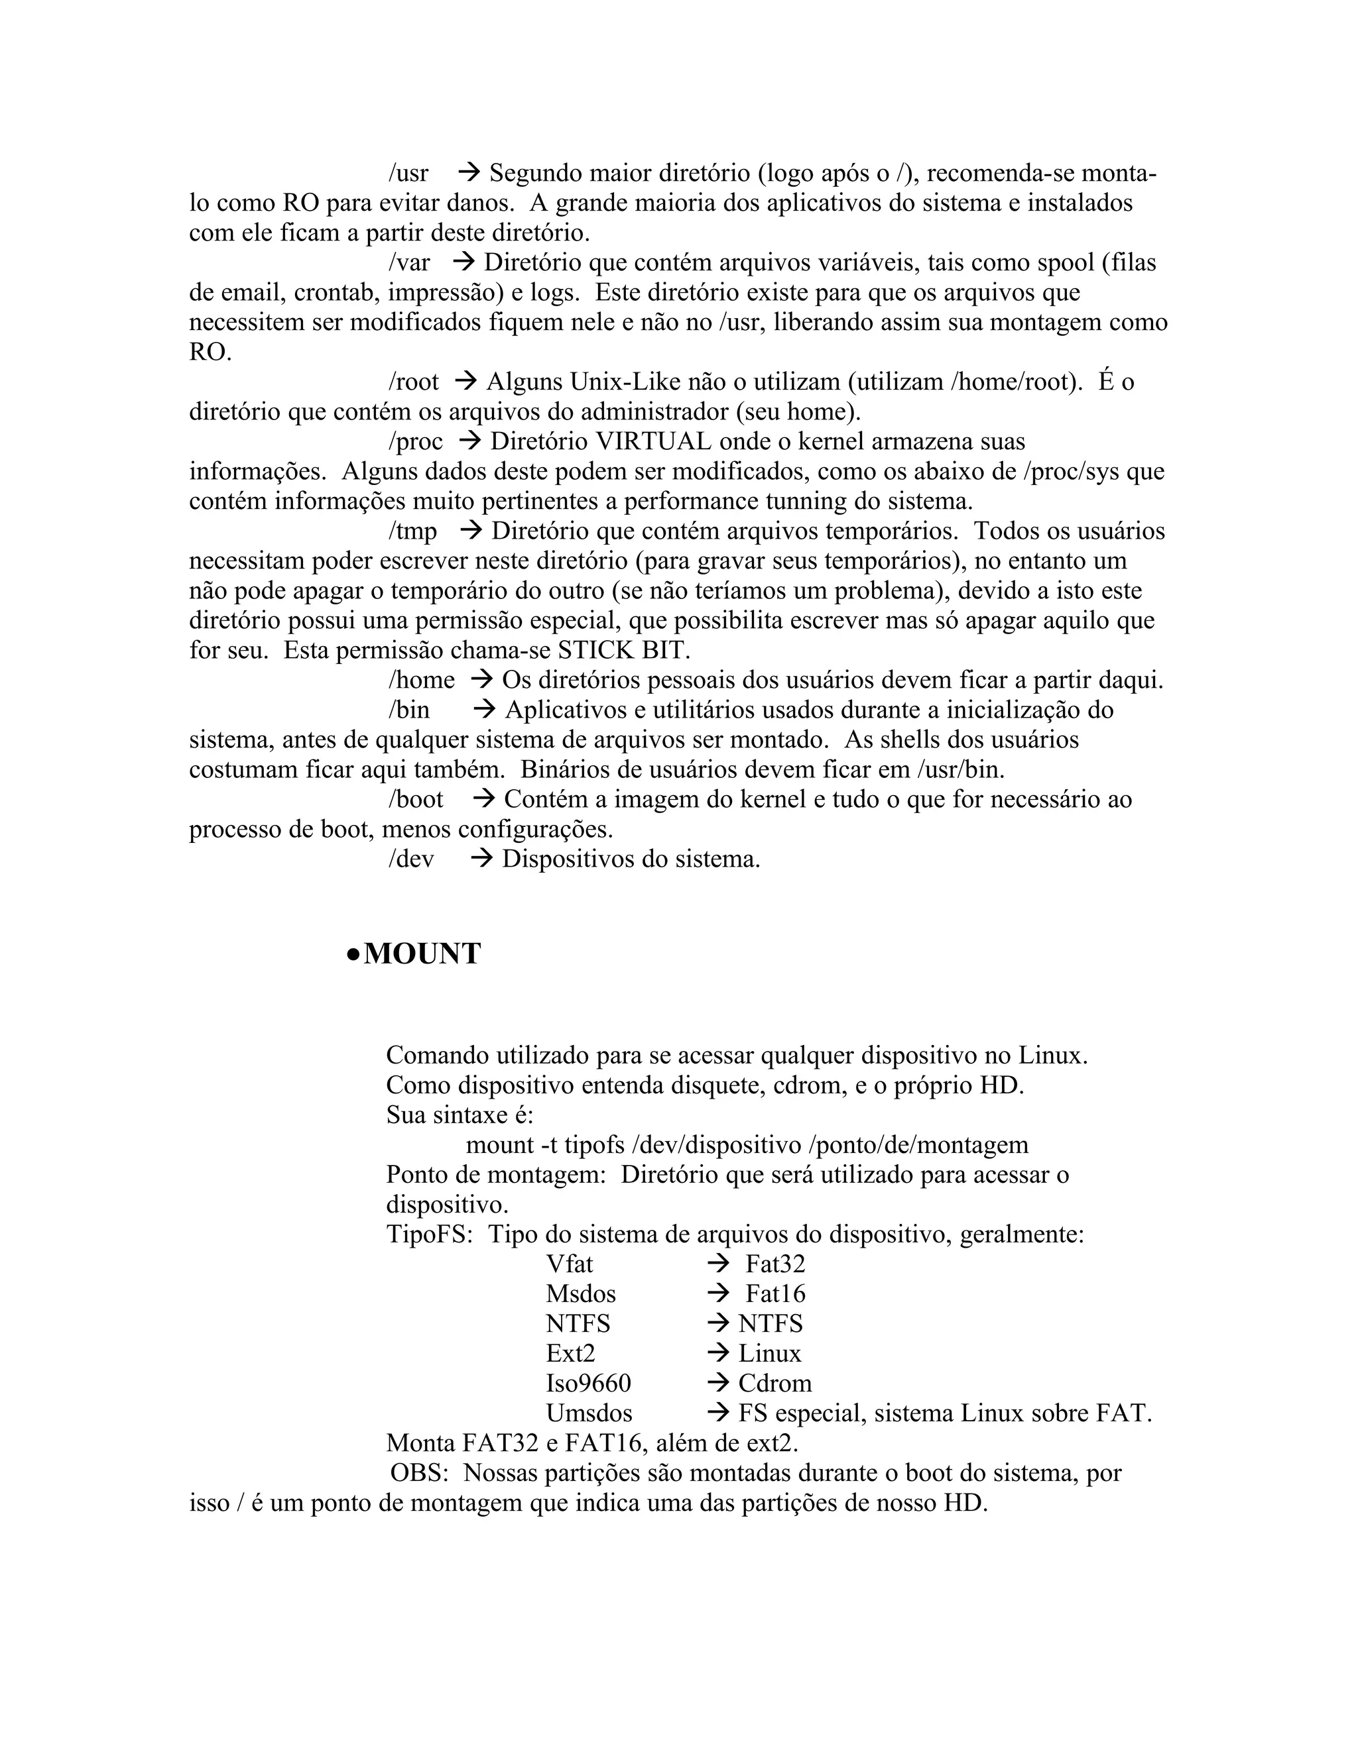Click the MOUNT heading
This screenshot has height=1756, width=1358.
pyautogui.click(x=422, y=954)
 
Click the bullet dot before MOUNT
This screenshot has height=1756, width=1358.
pyautogui.click(x=352, y=954)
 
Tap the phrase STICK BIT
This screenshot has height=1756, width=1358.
pyautogui.click(x=623, y=649)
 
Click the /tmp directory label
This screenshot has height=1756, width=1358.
pyautogui.click(x=412, y=531)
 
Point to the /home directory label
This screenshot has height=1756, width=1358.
pyautogui.click(x=421, y=681)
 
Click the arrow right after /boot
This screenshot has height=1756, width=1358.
pyautogui.click(x=483, y=799)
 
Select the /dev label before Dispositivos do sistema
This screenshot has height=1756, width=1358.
pyautogui.click(x=411, y=859)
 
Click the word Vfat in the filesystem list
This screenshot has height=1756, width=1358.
pyautogui.click(x=569, y=1264)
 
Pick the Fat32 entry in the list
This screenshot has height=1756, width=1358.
pyautogui.click(x=774, y=1264)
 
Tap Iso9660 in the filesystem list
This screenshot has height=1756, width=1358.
pyautogui.click(x=588, y=1383)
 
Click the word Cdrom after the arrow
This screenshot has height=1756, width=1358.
pyautogui.click(x=774, y=1383)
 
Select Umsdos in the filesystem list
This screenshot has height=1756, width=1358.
pyautogui.click(x=589, y=1413)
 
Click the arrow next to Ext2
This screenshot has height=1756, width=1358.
pyautogui.click(x=717, y=1353)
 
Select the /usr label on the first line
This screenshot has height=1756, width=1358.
pyautogui.click(x=408, y=173)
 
